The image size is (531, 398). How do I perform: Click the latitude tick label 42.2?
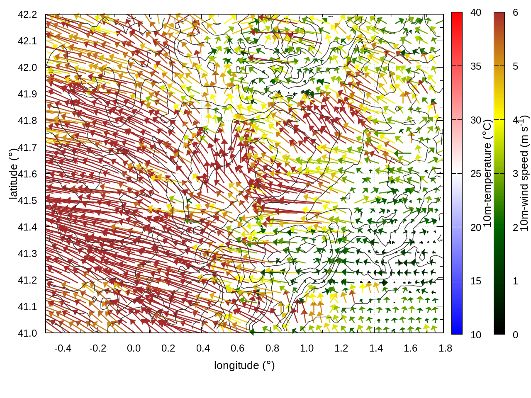(27, 15)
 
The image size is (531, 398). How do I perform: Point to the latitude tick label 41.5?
(27, 201)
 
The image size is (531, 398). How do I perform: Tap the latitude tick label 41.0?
(27, 333)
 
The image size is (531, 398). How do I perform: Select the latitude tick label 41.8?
(27, 121)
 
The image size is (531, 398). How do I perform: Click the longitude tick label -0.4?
(63, 348)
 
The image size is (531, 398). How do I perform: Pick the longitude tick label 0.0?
(134, 348)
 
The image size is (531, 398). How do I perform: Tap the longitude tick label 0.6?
(238, 348)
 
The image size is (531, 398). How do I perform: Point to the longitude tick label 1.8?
(446, 348)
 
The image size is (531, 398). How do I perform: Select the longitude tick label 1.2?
(341, 348)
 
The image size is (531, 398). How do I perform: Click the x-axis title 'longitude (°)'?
(244, 365)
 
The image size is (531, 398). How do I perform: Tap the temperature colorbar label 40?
(476, 12)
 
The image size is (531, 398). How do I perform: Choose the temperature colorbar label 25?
(476, 174)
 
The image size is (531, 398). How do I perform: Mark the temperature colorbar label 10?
(476, 335)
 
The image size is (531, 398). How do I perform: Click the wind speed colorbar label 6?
(515, 12)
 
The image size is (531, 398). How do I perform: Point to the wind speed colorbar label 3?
(515, 174)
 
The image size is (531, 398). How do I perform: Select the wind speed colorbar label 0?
(515, 335)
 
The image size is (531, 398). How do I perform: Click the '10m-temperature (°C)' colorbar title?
(488, 173)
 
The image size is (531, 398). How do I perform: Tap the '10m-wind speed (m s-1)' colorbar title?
(524, 173)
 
